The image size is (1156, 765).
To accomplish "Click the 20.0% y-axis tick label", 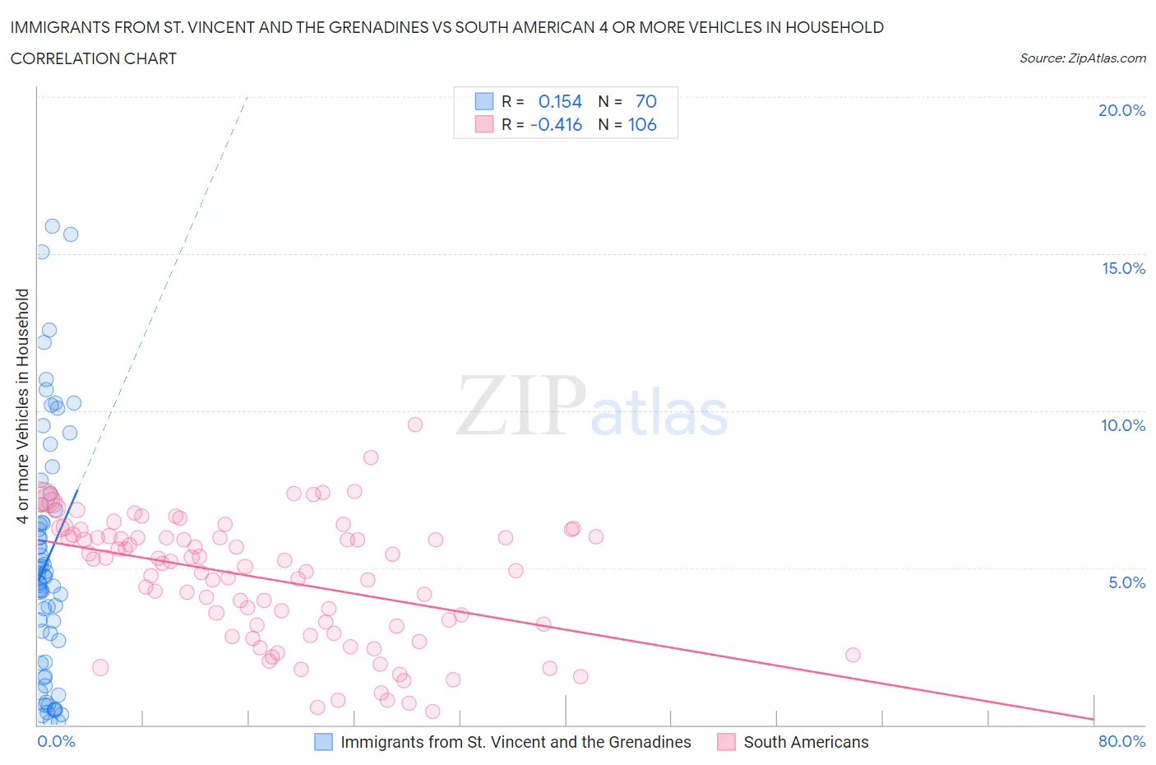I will tap(1121, 110).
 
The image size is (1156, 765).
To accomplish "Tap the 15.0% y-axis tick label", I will tap(1123, 268).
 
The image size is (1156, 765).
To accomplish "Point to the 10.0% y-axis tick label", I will tap(1123, 425).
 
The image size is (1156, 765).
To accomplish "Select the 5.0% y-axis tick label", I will tap(1126, 582).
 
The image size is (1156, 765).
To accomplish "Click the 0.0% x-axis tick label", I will tap(56, 741).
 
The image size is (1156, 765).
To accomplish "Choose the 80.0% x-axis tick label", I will tap(1121, 741).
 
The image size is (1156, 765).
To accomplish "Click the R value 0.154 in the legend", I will tap(560, 101).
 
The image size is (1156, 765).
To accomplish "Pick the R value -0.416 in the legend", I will tap(557, 124).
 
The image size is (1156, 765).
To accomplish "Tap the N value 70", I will tap(645, 101).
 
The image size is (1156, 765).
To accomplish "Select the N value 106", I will tap(642, 124).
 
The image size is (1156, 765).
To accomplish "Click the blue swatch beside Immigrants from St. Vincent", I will tap(323, 742).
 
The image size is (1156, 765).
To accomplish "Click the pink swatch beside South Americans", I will tap(726, 742).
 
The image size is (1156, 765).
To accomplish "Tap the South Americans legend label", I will tap(806, 742).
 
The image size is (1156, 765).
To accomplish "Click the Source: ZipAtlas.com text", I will tap(1082, 58).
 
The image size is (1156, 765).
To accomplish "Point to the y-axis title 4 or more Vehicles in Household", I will tap(23, 406).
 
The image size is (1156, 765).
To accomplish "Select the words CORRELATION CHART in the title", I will tap(94, 58).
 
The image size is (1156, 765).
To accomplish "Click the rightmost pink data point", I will tap(853, 655).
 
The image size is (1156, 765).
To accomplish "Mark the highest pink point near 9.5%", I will tap(415, 424).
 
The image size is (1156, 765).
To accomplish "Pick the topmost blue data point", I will tap(52, 226).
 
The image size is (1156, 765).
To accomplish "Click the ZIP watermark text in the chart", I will tap(521, 406).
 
